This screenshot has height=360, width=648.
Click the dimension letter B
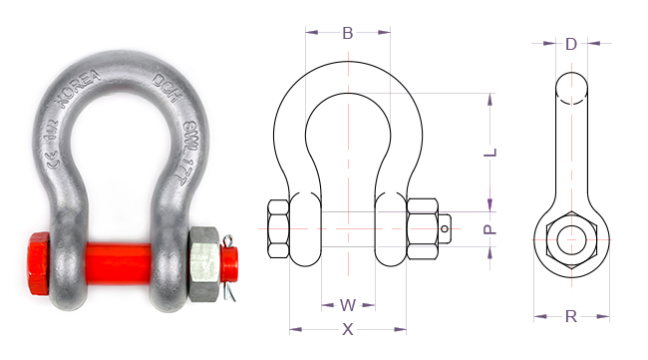tap(347, 33)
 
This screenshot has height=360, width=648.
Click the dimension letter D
tap(570, 44)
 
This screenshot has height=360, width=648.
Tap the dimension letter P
tap(489, 229)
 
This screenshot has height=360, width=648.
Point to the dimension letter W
tap(348, 304)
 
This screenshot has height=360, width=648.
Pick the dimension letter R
tap(570, 317)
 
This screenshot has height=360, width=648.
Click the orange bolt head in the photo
tap(39, 263)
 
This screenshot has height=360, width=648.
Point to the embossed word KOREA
tap(78, 93)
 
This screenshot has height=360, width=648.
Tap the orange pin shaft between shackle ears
tap(117, 264)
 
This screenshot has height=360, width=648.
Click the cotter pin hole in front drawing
tap(445, 229)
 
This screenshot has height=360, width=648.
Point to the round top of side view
tap(571, 87)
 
